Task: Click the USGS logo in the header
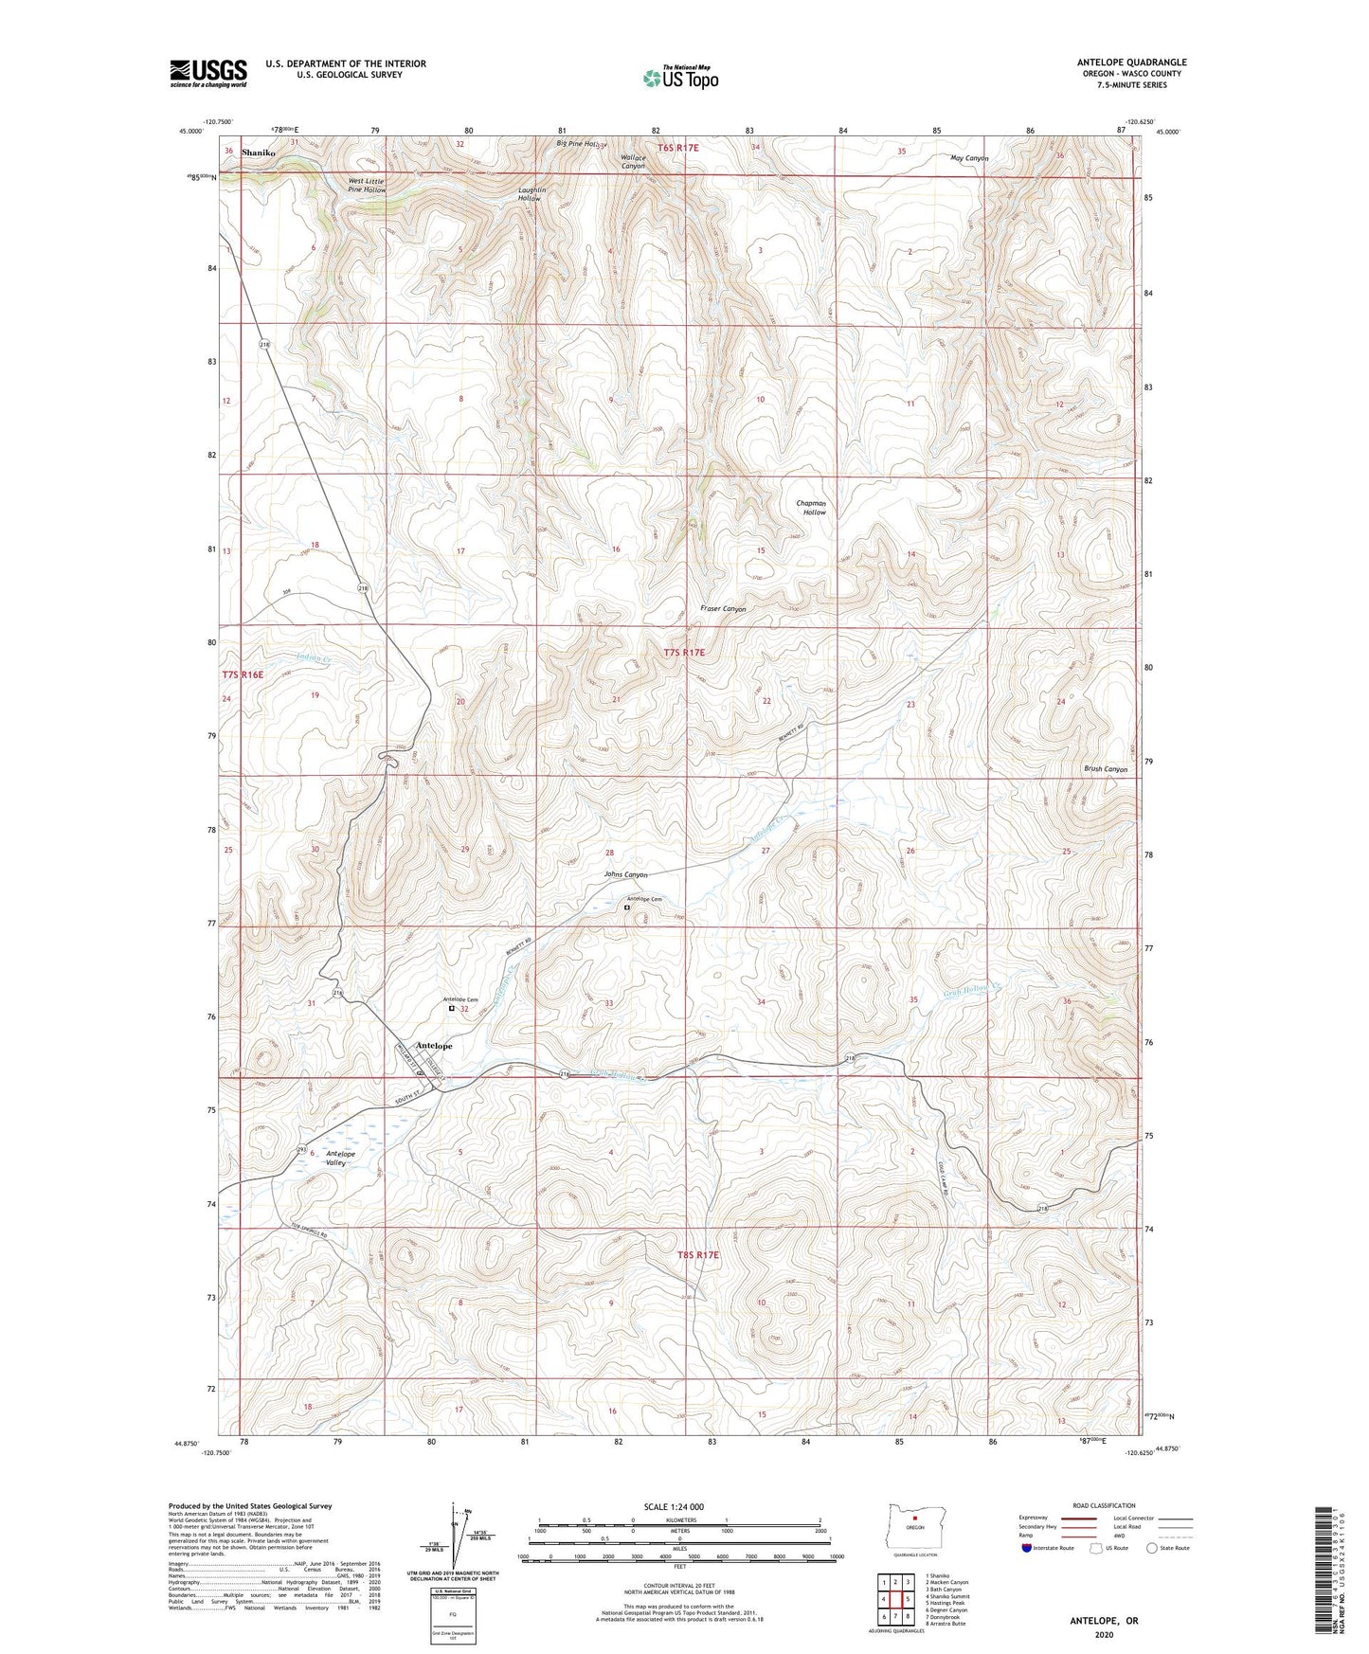coord(208,72)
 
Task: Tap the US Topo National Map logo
coord(679,77)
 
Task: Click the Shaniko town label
coord(258,152)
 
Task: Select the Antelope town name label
coord(434,1046)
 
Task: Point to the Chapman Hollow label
coord(811,508)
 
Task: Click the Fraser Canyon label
coord(723,609)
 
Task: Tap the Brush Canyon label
coord(1106,769)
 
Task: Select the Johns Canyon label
coord(625,874)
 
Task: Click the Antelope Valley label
coord(340,1158)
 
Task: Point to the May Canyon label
coord(969,158)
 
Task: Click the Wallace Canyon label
coord(633,162)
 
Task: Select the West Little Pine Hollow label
coord(367,186)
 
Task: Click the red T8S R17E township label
coord(698,1254)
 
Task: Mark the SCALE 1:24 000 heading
coord(674,1506)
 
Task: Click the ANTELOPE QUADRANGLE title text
coord(1131,63)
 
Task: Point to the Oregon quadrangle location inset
coord(914,1527)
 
